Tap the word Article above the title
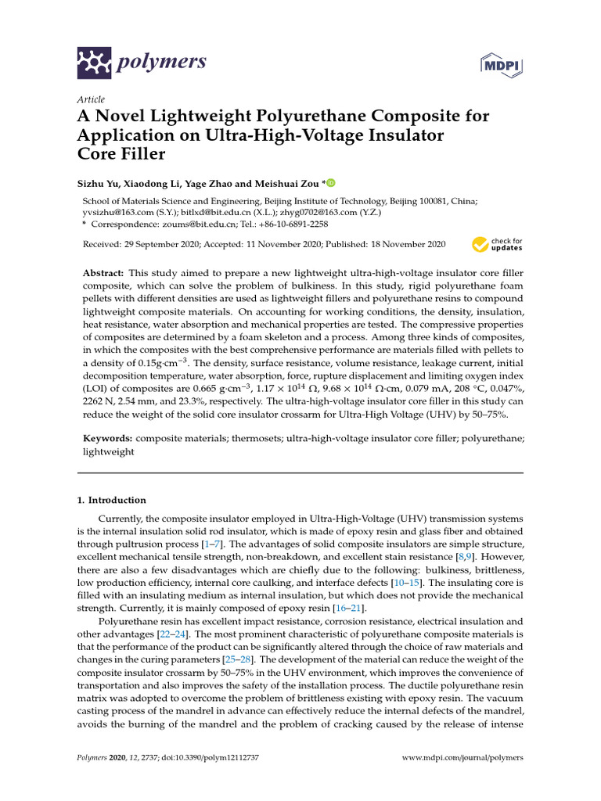91,99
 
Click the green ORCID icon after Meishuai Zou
331,183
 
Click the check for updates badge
498,245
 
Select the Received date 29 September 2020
163,245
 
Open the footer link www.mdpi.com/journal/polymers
462,758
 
